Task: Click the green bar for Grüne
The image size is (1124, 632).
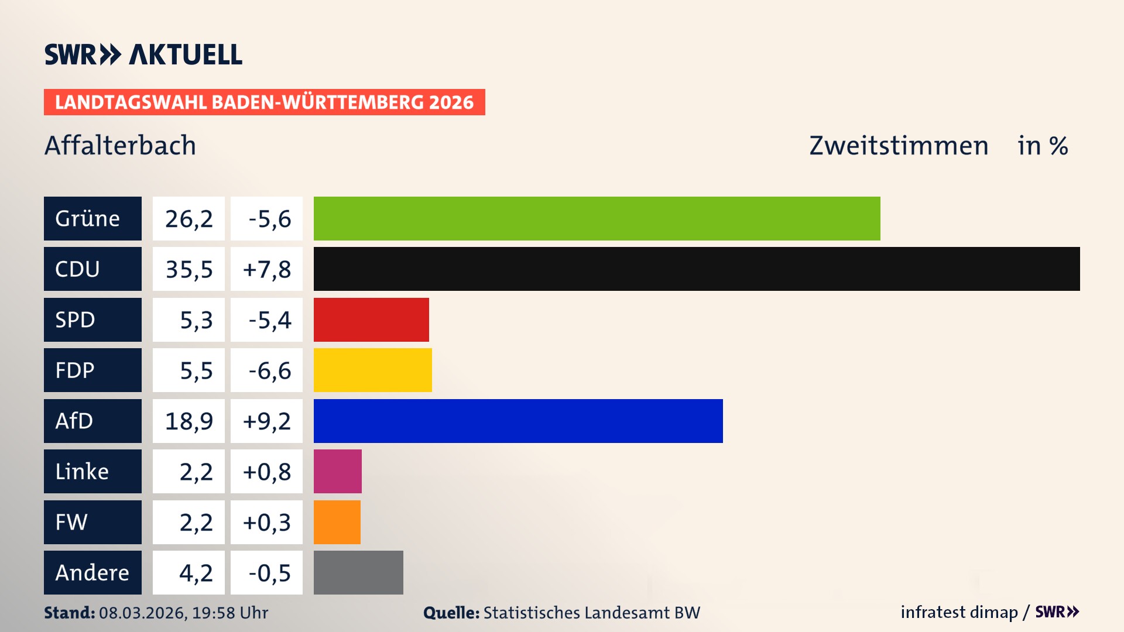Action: click(597, 218)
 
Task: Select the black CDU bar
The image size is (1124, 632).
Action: click(697, 269)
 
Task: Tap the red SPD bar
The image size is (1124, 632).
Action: click(371, 320)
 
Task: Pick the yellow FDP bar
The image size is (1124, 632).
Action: click(372, 370)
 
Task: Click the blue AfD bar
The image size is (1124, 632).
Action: click(518, 421)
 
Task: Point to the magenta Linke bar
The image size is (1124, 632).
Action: click(337, 471)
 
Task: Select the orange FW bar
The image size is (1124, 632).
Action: click(337, 522)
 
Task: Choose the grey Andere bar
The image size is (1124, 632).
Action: click(358, 572)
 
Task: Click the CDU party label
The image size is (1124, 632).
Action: click(92, 269)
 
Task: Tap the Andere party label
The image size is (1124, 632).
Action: click(92, 572)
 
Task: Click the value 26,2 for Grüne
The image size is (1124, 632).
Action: click(189, 218)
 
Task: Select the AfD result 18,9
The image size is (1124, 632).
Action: click(189, 421)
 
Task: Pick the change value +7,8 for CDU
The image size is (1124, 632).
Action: click(266, 269)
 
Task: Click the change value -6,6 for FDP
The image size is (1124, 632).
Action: click(266, 370)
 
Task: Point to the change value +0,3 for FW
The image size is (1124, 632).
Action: click(266, 522)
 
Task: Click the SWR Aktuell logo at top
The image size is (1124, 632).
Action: click(143, 54)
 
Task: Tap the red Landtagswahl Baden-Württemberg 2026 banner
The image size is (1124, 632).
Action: click(264, 102)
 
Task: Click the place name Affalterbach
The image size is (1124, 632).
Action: click(120, 145)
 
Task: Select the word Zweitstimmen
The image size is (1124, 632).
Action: click(899, 145)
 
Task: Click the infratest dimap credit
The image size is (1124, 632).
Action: click(959, 612)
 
